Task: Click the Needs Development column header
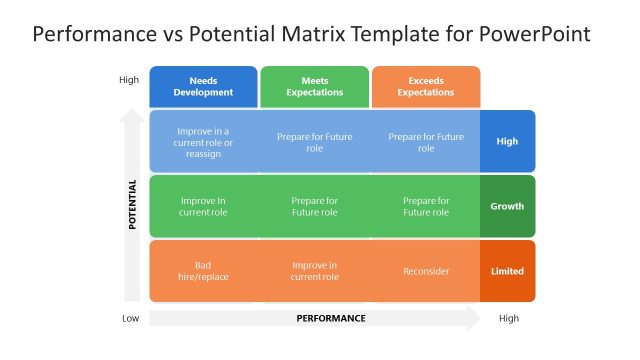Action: pyautogui.click(x=203, y=86)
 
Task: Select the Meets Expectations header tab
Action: pyautogui.click(x=314, y=86)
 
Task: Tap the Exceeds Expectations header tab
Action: pyautogui.click(x=425, y=86)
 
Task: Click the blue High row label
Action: pyautogui.click(x=507, y=141)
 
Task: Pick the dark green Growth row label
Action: pyautogui.click(x=507, y=206)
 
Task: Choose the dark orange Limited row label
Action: pyautogui.click(x=507, y=271)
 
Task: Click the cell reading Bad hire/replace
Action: pyautogui.click(x=203, y=271)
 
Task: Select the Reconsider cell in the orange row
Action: pyautogui.click(x=426, y=271)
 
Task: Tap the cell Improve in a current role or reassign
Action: pyautogui.click(x=203, y=141)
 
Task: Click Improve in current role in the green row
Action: pyautogui.click(x=203, y=206)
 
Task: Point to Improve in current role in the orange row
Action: pyautogui.click(x=314, y=271)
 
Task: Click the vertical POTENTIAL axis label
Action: pyautogui.click(x=132, y=206)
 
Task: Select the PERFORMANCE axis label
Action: pyautogui.click(x=331, y=318)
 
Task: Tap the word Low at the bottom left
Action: pyautogui.click(x=130, y=318)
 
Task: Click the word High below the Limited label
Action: pyautogui.click(x=508, y=318)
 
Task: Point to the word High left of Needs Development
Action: pyautogui.click(x=129, y=80)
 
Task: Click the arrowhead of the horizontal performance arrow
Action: pyautogui.click(x=473, y=318)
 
